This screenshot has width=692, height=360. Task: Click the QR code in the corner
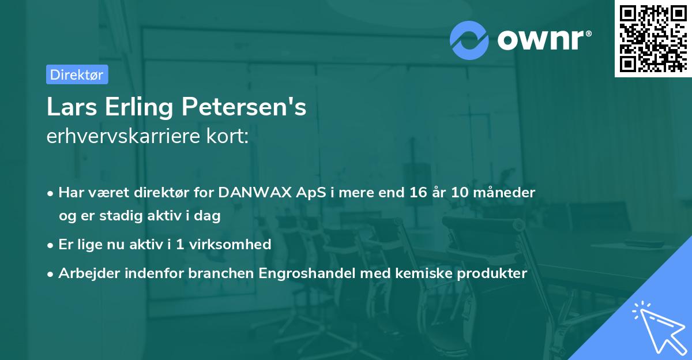click(653, 39)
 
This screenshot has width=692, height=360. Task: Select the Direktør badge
click(77, 74)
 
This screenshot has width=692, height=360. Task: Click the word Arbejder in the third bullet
click(85, 273)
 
